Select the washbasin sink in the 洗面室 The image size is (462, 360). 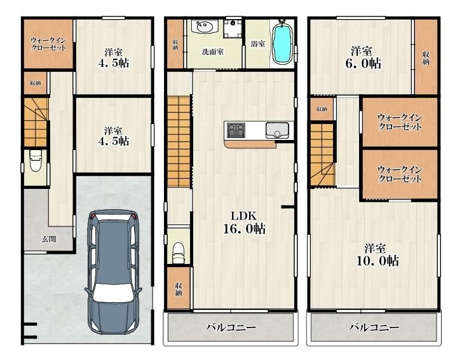click(x=203, y=27)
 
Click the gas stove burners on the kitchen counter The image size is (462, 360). click(x=236, y=130)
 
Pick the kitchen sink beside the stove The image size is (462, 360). click(x=277, y=130)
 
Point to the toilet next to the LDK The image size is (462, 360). click(x=178, y=253)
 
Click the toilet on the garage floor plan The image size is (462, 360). click(x=36, y=160)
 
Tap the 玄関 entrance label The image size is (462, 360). click(x=49, y=239)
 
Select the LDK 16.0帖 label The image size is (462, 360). click(x=244, y=223)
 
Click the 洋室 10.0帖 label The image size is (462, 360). click(x=377, y=255)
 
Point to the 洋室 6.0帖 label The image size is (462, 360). click(x=363, y=57)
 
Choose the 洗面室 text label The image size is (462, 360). click(x=213, y=52)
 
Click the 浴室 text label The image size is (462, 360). click(x=258, y=44)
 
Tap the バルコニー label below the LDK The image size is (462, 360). click(x=231, y=328)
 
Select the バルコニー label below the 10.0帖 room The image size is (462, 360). click(x=374, y=328)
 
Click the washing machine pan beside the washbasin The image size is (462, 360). click(x=233, y=29)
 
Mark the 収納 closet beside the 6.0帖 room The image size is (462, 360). click(x=426, y=57)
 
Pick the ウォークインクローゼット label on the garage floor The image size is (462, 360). click(x=48, y=44)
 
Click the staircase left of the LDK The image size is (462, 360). click(x=179, y=142)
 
